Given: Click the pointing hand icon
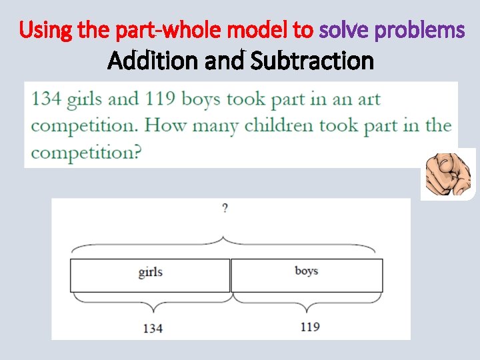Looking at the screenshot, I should pyautogui.click(x=448, y=173).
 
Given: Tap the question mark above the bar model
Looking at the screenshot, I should pyautogui.click(x=225, y=209).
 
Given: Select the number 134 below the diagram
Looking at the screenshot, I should pyautogui.click(x=153, y=327).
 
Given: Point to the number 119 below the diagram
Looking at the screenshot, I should pyautogui.click(x=309, y=326).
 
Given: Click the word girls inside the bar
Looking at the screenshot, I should pyautogui.click(x=151, y=271).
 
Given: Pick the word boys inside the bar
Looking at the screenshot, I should pyautogui.click(x=306, y=271).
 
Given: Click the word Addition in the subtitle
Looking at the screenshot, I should pyautogui.click(x=145, y=61).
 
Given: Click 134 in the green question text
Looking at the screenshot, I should pyautogui.click(x=47, y=99).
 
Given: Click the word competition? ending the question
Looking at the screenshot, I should pyautogui.click(x=86, y=152).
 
